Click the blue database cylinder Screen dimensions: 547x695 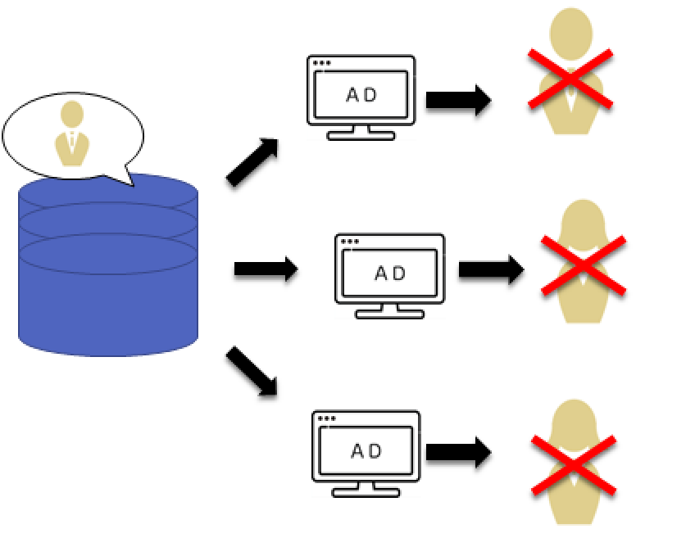pyautogui.click(x=107, y=278)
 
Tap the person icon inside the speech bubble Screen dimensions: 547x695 pyautogui.click(x=72, y=135)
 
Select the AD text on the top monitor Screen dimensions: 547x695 pyautogui.click(x=361, y=94)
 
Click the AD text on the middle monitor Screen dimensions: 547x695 pyautogui.click(x=390, y=273)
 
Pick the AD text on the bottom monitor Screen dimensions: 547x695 pyautogui.click(x=366, y=450)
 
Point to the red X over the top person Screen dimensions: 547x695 pyautogui.click(x=570, y=79)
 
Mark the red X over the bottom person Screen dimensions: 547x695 pyautogui.click(x=574, y=464)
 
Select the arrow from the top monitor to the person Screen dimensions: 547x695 pyautogui.click(x=457, y=100)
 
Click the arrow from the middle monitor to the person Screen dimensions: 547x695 pyautogui.click(x=490, y=269)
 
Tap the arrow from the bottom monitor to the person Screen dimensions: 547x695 pyautogui.click(x=457, y=453)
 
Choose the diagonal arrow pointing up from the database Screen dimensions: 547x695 pyautogui.click(x=252, y=161)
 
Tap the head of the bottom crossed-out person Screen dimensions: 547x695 pyautogui.click(x=572, y=419)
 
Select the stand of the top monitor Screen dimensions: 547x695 pyautogui.click(x=361, y=133)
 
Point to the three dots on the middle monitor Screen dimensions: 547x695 pyautogui.click(x=350, y=242)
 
